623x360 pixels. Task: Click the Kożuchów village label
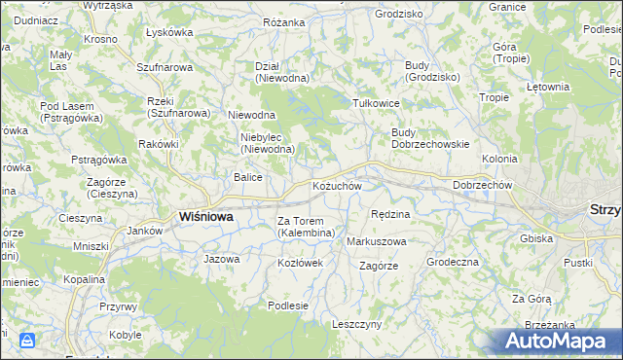pyautogui.click(x=337, y=186)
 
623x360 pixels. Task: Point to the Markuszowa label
pyautogui.click(x=376, y=240)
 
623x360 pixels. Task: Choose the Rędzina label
pyautogui.click(x=391, y=214)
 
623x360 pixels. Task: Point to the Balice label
pyautogui.click(x=247, y=177)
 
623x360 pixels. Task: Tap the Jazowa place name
pyautogui.click(x=221, y=260)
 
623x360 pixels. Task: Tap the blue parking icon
pyautogui.click(x=27, y=341)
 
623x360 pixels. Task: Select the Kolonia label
pyautogui.click(x=499, y=158)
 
